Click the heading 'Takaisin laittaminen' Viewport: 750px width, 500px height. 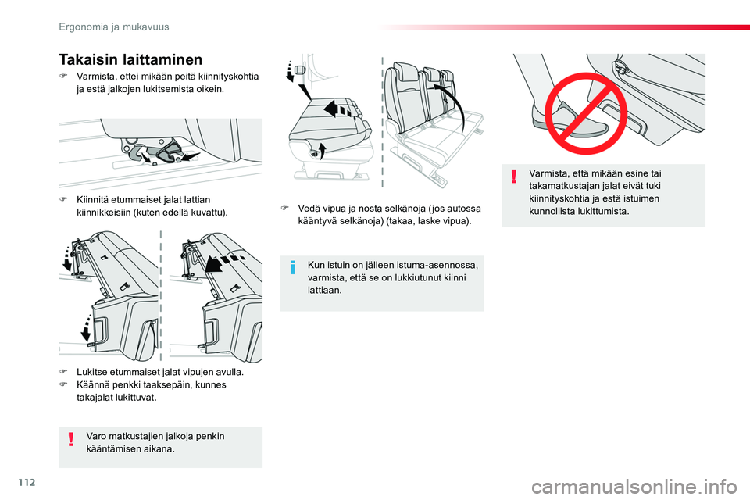coord(130,60)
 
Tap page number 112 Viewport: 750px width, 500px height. coord(27,482)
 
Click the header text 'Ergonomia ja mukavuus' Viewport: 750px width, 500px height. coord(114,27)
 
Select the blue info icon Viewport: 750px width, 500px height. coord(293,267)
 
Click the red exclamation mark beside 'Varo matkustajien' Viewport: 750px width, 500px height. coord(71,439)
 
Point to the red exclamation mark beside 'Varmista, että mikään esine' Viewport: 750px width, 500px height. coord(514,176)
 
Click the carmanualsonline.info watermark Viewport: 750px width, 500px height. coord(634,487)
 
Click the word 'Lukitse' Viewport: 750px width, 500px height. coord(92,372)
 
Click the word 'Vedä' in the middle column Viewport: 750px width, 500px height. coord(307,209)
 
